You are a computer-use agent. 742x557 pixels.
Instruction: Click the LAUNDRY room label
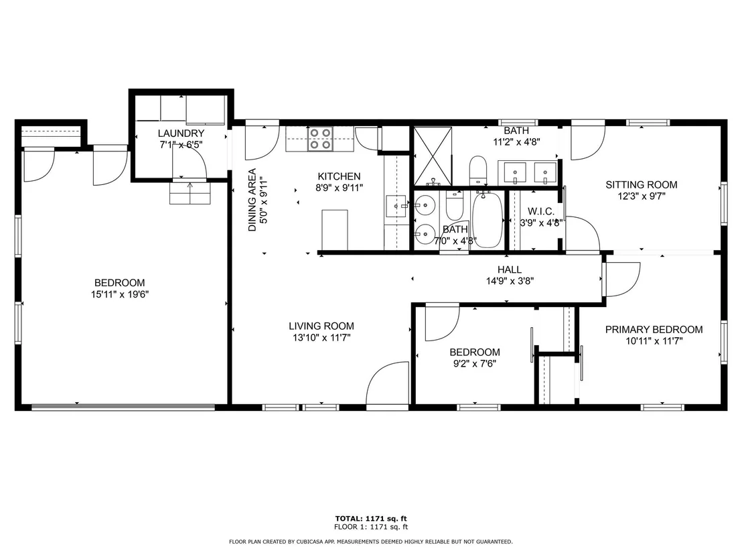181,133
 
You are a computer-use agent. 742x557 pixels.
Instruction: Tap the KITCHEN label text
339,176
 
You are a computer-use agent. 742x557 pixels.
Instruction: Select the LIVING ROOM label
321,326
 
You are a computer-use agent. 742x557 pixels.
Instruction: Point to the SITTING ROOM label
641,185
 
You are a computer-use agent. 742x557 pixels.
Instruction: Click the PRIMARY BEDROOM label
654,330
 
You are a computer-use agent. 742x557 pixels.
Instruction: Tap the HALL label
510,269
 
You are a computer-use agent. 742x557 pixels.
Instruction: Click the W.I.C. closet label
540,211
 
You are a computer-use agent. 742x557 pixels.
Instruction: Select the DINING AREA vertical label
252,200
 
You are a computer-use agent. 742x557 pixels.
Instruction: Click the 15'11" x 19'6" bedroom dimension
120,295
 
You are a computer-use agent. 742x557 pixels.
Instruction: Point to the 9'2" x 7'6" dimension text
475,364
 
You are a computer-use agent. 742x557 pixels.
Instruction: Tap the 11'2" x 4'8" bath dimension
517,141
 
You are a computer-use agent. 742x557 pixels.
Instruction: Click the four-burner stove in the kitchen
320,139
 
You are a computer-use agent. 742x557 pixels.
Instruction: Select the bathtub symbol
487,220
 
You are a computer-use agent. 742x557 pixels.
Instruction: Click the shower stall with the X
433,156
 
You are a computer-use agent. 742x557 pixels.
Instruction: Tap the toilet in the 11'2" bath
478,170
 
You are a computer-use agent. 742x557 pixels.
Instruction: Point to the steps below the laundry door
190,193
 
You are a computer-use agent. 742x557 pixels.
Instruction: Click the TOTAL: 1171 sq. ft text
371,519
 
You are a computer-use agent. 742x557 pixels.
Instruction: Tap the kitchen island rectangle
335,230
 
